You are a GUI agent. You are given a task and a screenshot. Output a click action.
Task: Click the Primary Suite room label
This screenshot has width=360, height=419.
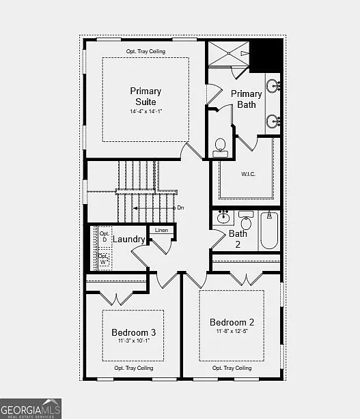[x=146, y=96]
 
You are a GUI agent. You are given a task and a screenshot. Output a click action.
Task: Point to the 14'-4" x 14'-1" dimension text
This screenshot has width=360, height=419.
[x=146, y=111]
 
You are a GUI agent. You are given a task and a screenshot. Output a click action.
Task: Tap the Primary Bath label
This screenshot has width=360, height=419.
[x=246, y=99]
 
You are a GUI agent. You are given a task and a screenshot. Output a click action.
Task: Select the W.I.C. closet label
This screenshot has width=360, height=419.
[x=248, y=173]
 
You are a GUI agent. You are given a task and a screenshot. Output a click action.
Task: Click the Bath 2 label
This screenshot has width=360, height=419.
[x=238, y=238]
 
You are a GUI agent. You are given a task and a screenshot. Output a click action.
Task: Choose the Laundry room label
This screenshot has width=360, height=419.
[x=129, y=239]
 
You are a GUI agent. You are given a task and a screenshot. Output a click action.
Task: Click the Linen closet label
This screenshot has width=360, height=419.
[x=161, y=230]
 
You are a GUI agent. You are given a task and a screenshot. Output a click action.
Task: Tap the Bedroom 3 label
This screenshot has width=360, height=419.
[x=133, y=332]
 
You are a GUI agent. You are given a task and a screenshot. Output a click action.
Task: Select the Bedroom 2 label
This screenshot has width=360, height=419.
[x=232, y=322]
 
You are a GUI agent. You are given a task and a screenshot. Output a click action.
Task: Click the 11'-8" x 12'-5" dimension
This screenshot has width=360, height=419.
[x=232, y=332]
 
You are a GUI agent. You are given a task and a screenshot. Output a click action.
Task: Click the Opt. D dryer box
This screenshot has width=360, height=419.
[x=105, y=236]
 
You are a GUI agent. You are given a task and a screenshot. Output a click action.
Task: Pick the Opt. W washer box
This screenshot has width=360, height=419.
[x=105, y=259]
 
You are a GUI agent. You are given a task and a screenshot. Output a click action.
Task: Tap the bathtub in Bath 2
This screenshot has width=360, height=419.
[x=268, y=231]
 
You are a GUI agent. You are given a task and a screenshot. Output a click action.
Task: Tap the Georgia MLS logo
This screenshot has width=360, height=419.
[x=31, y=408]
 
